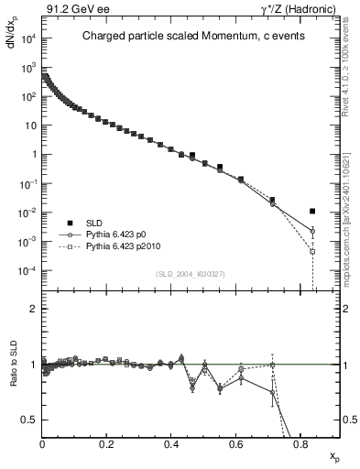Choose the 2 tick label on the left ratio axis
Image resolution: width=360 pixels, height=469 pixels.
click(33, 309)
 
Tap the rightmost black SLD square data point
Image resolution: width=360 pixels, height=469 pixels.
click(312, 212)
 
